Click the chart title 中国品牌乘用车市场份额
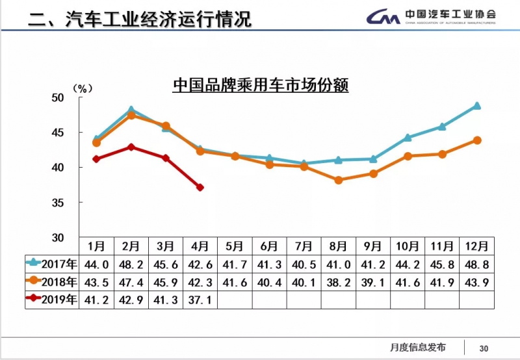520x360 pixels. coord(260,86)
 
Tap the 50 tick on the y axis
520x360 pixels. coord(58,97)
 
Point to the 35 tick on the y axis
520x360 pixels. coord(58,203)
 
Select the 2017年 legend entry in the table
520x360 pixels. coord(51,263)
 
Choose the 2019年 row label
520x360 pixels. coord(51,300)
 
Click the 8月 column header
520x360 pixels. coord(339,246)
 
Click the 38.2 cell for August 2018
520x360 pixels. coord(339,281)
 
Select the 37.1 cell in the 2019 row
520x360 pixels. coord(200,300)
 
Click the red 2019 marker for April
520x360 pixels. coord(200,187)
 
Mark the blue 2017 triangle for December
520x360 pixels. coord(477,105)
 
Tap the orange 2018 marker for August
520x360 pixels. coord(339,180)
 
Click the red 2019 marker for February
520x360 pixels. coord(131,147)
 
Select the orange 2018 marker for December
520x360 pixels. coord(477,140)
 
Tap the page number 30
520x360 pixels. coord(484,348)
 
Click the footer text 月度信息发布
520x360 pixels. coord(419,347)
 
